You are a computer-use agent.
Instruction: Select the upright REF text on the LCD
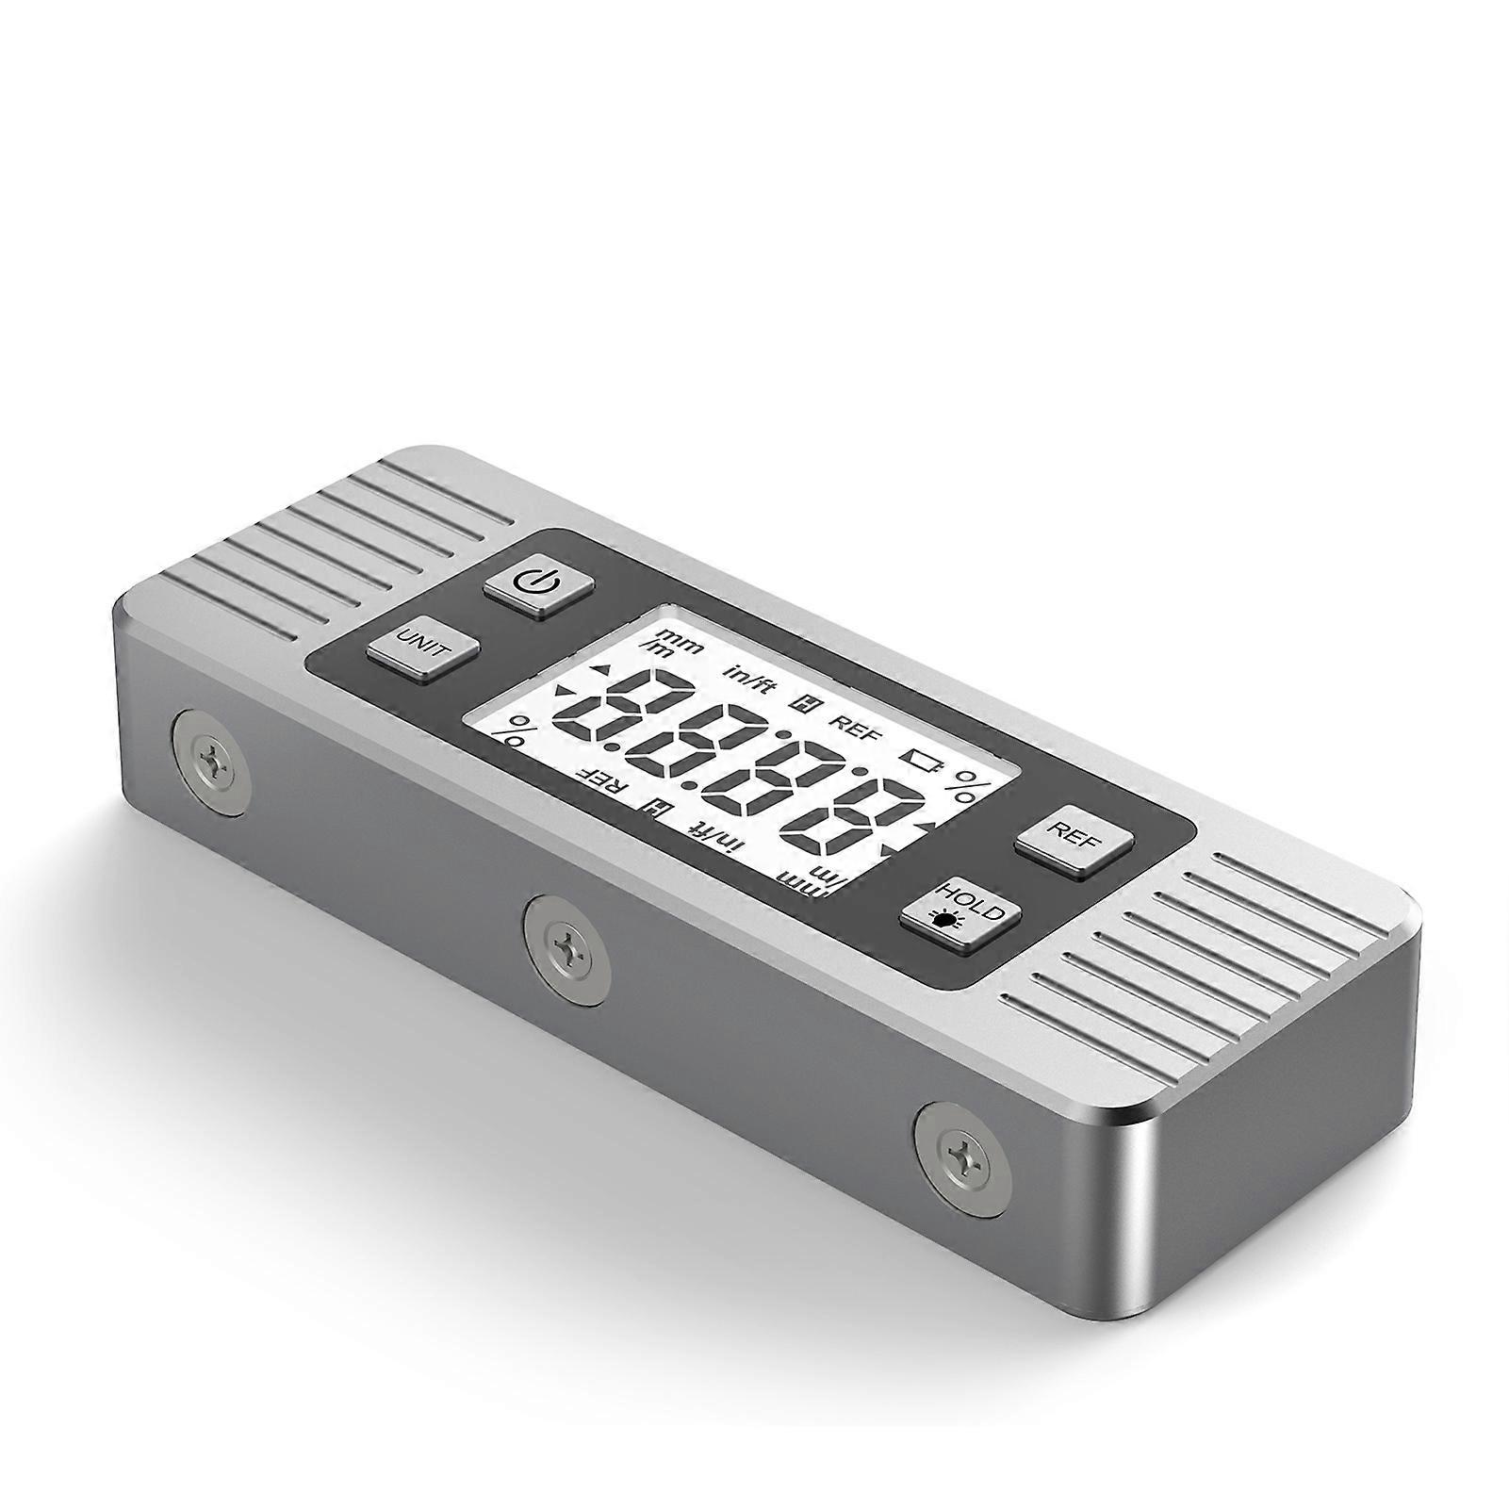[x=855, y=726]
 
